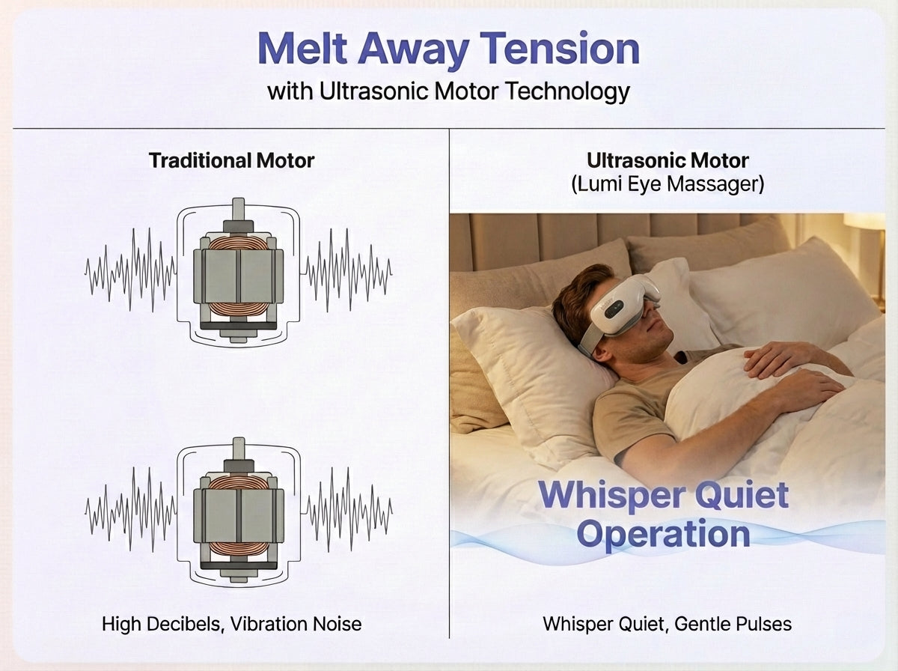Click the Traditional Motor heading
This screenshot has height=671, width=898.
[231, 160]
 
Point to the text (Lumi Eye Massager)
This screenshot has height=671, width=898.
[668, 184]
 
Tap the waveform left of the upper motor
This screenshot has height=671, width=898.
[130, 270]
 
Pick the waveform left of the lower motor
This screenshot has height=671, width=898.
[130, 509]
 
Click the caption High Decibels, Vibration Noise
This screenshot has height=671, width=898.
[231, 623]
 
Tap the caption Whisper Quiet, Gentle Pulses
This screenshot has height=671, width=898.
[667, 623]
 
